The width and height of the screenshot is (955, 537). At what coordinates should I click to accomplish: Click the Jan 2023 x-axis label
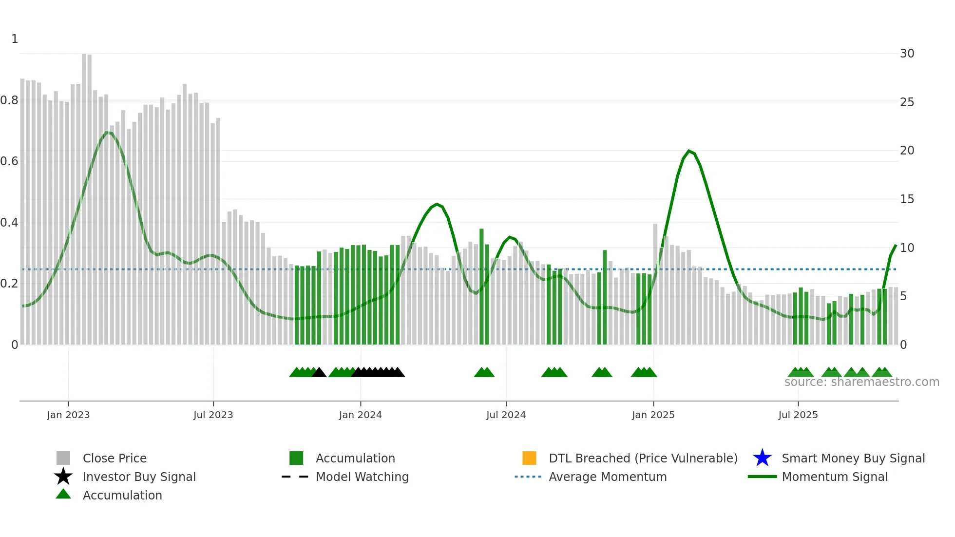(x=68, y=415)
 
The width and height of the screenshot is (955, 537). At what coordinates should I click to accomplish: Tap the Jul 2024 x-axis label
(x=506, y=415)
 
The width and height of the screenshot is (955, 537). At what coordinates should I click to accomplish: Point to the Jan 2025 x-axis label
(x=653, y=415)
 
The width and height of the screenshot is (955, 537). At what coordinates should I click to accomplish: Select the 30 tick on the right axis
(x=907, y=54)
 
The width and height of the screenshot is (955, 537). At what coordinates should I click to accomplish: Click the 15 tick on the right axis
(x=907, y=199)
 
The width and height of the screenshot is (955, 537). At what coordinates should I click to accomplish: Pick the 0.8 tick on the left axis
(x=9, y=100)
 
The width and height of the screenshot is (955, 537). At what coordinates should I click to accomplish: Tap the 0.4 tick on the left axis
(x=9, y=223)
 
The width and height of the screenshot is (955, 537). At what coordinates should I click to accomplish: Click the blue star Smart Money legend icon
(x=762, y=458)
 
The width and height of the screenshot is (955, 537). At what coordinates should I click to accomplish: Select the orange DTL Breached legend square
(x=529, y=458)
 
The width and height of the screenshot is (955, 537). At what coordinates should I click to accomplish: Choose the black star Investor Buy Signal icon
(x=63, y=477)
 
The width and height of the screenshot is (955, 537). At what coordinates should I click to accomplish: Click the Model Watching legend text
(x=362, y=477)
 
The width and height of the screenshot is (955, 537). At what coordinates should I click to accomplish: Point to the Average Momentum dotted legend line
(x=528, y=477)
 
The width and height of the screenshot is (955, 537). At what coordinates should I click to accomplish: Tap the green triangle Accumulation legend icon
(x=63, y=494)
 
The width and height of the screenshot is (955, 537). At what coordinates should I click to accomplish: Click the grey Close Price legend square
(x=63, y=458)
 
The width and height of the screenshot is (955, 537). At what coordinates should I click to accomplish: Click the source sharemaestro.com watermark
(x=861, y=382)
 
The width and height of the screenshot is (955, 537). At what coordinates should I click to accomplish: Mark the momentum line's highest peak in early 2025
(x=689, y=151)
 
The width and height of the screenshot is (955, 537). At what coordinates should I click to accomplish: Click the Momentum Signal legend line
(x=762, y=477)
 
